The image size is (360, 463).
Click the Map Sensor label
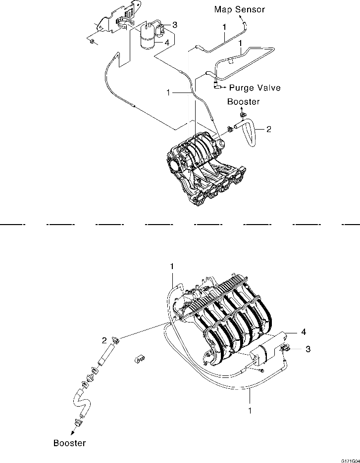[240, 9]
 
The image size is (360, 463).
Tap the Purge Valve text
[256, 88]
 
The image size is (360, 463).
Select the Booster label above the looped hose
[243, 102]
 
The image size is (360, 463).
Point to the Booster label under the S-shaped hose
[69, 443]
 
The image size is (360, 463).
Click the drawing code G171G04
[349, 459]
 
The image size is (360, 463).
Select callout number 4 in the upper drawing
[167, 43]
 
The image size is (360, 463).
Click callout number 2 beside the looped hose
[268, 130]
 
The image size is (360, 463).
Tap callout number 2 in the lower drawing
[104, 340]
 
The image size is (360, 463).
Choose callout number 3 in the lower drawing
[308, 349]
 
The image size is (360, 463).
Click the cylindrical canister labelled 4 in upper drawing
[148, 37]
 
